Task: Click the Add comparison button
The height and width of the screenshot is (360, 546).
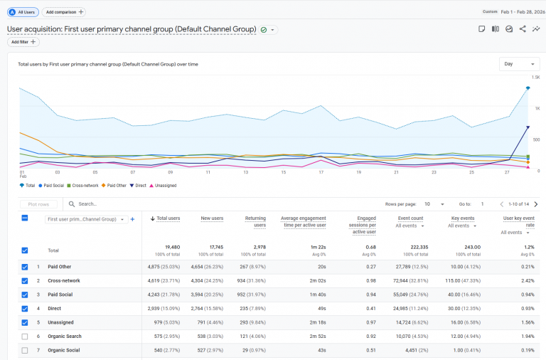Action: click(64, 12)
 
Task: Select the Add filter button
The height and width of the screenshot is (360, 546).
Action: click(24, 42)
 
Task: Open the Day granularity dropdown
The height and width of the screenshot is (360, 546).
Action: click(519, 64)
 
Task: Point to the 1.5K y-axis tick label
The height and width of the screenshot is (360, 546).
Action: click(537, 77)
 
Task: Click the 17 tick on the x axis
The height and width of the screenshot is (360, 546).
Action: click(321, 171)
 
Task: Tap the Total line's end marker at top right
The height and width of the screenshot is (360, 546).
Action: click(528, 88)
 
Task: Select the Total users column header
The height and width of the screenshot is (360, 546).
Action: click(168, 218)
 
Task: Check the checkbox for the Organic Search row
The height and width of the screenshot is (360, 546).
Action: click(25, 336)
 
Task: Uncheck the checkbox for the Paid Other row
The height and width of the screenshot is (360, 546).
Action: click(25, 268)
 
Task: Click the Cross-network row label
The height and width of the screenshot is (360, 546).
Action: click(64, 281)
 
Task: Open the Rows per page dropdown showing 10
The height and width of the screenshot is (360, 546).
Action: click(434, 203)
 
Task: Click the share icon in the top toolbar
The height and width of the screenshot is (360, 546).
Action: click(523, 29)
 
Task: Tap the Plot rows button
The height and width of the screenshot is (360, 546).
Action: click(38, 203)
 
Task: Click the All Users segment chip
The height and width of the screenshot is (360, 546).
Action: click(23, 12)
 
